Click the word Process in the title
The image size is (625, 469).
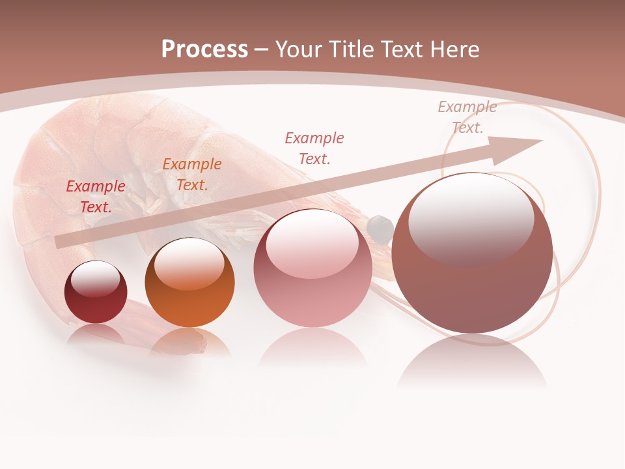tap(204, 50)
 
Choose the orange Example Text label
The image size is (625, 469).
tap(192, 175)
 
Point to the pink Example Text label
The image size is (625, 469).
tap(314, 148)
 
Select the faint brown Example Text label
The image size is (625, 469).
tap(467, 117)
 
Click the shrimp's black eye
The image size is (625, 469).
tap(380, 227)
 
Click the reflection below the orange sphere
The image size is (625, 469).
tap(189, 341)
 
